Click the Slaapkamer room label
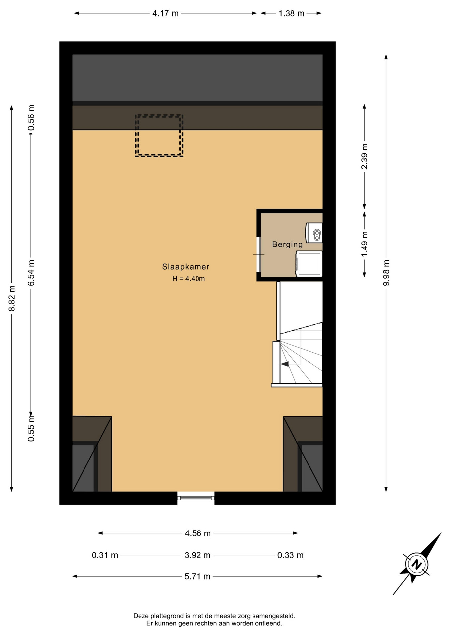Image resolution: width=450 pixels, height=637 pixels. (186, 267)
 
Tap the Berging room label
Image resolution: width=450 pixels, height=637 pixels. (287, 245)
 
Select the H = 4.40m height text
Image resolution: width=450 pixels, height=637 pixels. (188, 279)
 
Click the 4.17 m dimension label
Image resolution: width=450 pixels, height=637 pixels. (165, 13)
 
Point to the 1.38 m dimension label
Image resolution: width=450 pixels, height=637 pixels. (291, 13)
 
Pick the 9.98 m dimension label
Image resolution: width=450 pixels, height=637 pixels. (386, 273)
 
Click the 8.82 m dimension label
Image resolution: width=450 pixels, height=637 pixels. (12, 298)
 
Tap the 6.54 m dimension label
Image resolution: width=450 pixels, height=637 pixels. (31, 273)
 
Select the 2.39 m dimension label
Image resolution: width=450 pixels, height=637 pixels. (365, 156)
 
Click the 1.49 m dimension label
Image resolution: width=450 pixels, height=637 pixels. (365, 244)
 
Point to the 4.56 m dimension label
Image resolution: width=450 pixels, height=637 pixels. (198, 533)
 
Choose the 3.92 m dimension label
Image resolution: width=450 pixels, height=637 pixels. (197, 555)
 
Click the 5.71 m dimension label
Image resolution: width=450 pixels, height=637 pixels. (197, 576)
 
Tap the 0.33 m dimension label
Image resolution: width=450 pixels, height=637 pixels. (290, 555)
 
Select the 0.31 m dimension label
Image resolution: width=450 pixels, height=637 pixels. (105, 555)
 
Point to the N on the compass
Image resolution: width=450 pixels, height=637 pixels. (417, 564)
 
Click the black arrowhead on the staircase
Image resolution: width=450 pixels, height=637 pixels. (285, 364)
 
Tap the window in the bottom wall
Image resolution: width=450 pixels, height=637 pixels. (196, 498)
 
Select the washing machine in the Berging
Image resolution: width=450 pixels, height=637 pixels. (309, 264)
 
